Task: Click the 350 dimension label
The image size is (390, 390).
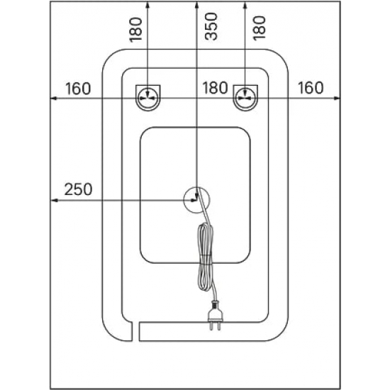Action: tap(211, 26)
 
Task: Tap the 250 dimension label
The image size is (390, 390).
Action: tap(78, 189)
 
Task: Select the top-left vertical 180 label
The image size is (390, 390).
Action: tap(136, 30)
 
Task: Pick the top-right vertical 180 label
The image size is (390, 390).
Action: tap(259, 28)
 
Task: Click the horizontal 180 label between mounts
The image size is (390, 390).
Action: tap(215, 88)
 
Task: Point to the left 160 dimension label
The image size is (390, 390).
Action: tap(78, 89)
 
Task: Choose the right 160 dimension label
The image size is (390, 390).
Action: tap(311, 88)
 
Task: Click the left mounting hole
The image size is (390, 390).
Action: tap(148, 98)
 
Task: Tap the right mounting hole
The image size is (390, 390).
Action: tap(245, 98)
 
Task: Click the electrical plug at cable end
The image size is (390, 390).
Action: tap(214, 315)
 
